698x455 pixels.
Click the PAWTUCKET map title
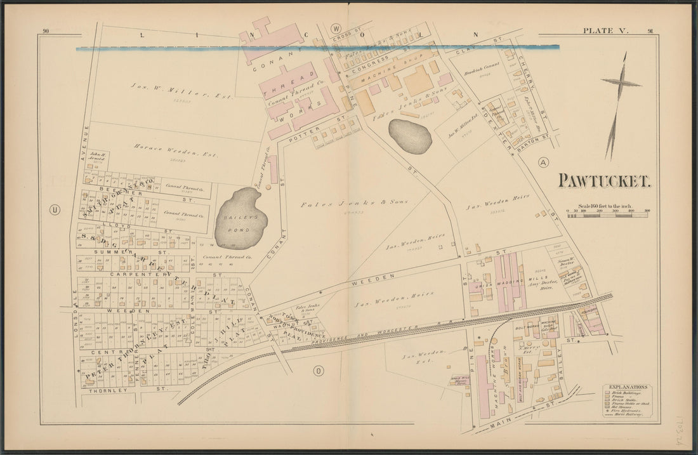pyautogui.click(x=603, y=181)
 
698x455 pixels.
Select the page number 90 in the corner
pyautogui.click(x=46, y=32)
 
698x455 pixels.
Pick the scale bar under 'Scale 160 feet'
pyautogui.click(x=607, y=215)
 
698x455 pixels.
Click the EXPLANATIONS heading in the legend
pyautogui.click(x=628, y=386)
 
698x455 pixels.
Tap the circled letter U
pyautogui.click(x=55, y=210)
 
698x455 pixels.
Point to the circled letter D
pyautogui.click(x=319, y=371)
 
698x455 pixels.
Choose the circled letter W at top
pyautogui.click(x=336, y=29)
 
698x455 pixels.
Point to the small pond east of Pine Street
pyautogui.click(x=410, y=136)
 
